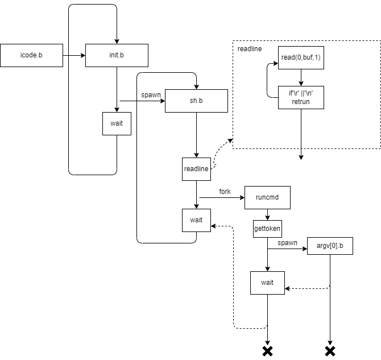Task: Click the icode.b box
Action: tap(31, 56)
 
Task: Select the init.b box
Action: tap(117, 56)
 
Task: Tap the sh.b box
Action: tap(196, 101)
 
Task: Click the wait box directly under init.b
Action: tap(117, 123)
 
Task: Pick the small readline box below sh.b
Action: tap(196, 169)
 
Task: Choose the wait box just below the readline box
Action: tap(196, 220)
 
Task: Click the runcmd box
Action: tap(267, 197)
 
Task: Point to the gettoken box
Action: tap(267, 229)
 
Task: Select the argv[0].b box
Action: tap(330, 246)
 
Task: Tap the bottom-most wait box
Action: tap(267, 283)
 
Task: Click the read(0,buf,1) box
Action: tap(301, 57)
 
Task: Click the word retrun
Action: tap(301, 102)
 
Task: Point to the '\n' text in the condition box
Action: tap(309, 93)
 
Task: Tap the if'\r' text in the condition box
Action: tap(293, 93)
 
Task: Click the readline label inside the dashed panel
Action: tap(250, 49)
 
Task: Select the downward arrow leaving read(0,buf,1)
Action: tap(301, 77)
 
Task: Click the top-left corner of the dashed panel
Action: tap(233, 41)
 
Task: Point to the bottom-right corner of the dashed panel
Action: tap(380, 148)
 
